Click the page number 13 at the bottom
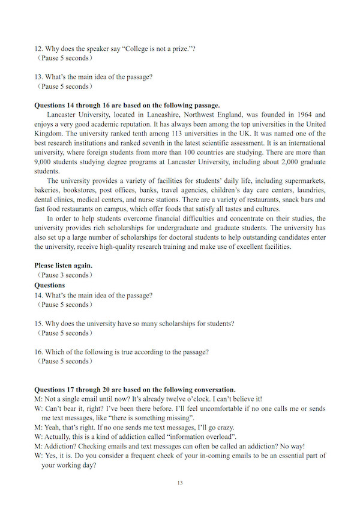click(x=180, y=483)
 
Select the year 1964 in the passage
click(x=299, y=115)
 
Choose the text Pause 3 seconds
click(x=66, y=275)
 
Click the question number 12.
click(x=39, y=49)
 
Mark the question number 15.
click(x=39, y=323)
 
